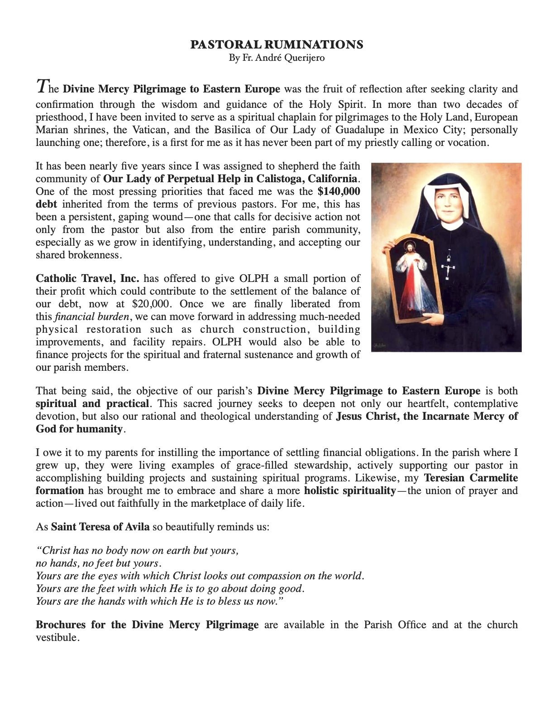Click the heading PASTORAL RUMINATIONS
click(277, 44)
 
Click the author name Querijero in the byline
click(304, 58)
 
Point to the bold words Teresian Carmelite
click(471, 478)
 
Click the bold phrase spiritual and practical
click(92, 403)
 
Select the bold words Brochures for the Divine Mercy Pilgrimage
click(147, 625)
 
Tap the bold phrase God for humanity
click(79, 429)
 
